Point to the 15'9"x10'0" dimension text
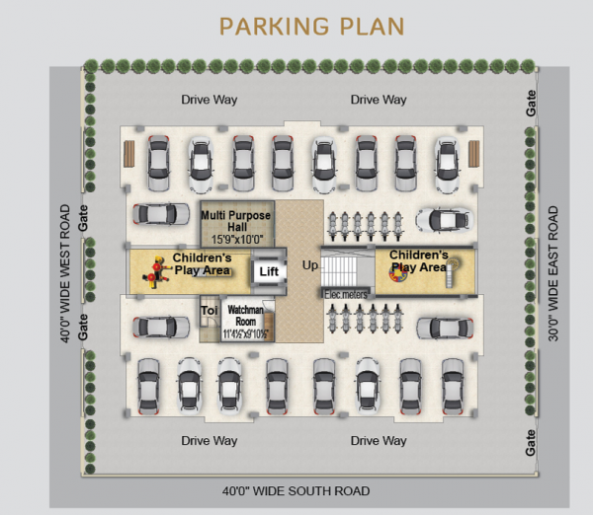click(x=236, y=239)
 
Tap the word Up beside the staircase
click(x=310, y=266)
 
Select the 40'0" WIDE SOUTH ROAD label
click(x=296, y=490)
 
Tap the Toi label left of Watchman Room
click(x=209, y=310)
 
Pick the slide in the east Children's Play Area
click(x=450, y=272)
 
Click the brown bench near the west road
click(x=127, y=155)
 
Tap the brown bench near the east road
click(x=473, y=155)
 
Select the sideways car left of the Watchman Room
click(x=161, y=327)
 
